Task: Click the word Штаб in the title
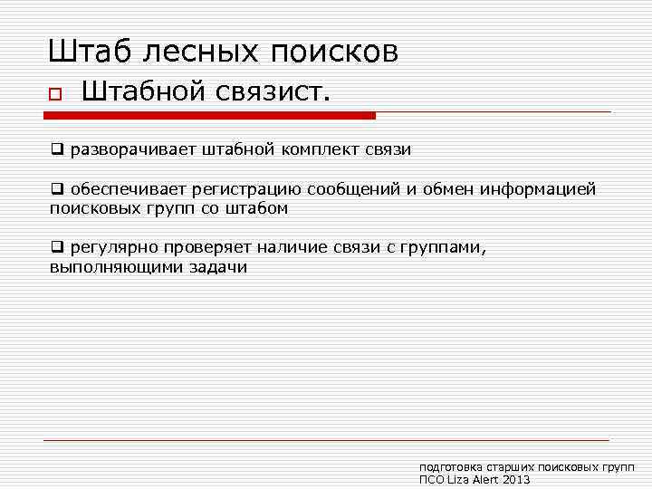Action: click(x=87, y=51)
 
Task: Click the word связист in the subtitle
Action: click(x=277, y=92)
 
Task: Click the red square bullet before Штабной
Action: click(x=54, y=94)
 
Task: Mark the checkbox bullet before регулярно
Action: click(x=56, y=248)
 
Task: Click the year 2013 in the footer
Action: click(x=514, y=480)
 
